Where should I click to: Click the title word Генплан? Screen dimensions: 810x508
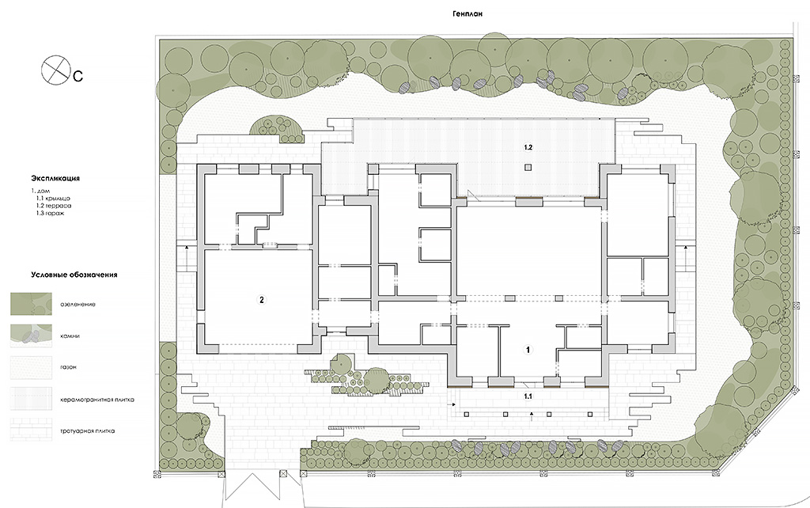coord(467,14)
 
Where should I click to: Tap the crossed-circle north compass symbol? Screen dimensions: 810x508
coord(55,70)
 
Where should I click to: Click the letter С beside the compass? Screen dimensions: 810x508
coord(78,77)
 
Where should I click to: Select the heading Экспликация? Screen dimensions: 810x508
coord(55,178)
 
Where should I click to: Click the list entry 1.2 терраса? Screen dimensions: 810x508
coord(53,206)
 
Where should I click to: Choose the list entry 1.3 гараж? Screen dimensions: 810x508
coord(50,213)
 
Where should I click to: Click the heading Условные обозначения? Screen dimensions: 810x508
coord(74,275)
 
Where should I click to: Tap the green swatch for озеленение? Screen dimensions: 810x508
coord(31,304)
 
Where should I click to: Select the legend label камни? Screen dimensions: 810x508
coord(70,336)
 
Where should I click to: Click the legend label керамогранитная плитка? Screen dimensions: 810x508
coord(97,400)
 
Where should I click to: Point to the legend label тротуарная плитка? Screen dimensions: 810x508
coord(87,430)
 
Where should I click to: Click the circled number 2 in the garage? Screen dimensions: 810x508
coord(262,300)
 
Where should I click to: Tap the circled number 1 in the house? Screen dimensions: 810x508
coord(528,350)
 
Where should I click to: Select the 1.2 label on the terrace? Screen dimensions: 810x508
coord(528,147)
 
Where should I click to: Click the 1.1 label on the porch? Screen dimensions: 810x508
coord(528,396)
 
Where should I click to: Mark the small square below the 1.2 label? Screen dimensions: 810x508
coord(528,167)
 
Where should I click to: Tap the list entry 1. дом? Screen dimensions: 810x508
coord(40,191)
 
